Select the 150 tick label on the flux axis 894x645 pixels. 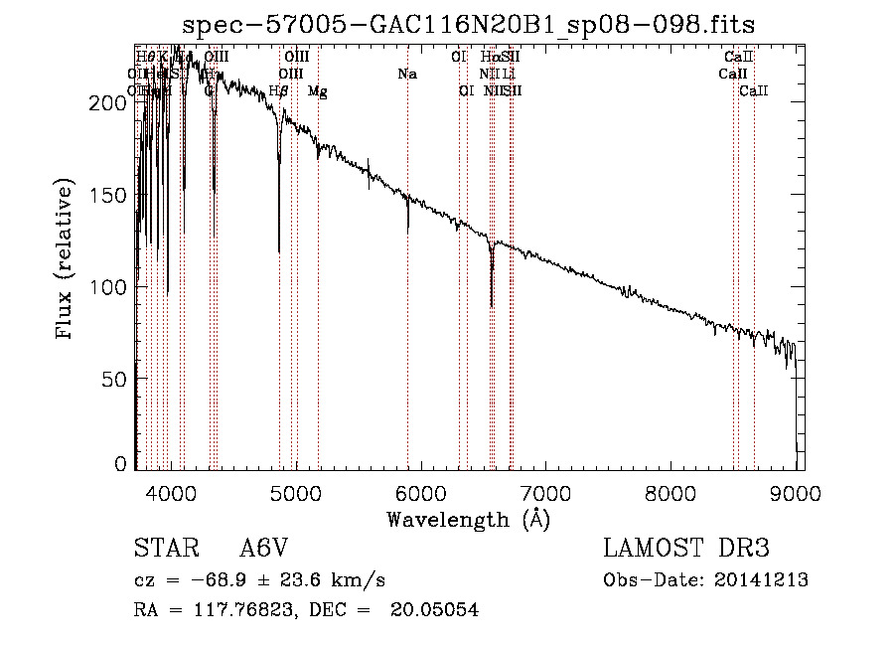(x=112, y=195)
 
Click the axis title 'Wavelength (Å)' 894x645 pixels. (x=469, y=519)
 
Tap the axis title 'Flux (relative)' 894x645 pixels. (x=67, y=260)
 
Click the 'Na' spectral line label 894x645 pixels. (x=406, y=74)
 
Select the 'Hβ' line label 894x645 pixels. (x=279, y=90)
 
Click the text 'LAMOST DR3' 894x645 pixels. (x=686, y=549)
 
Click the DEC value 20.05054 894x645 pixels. (x=437, y=610)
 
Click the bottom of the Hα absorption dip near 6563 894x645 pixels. (x=492, y=305)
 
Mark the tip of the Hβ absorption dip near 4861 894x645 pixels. (x=279, y=251)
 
